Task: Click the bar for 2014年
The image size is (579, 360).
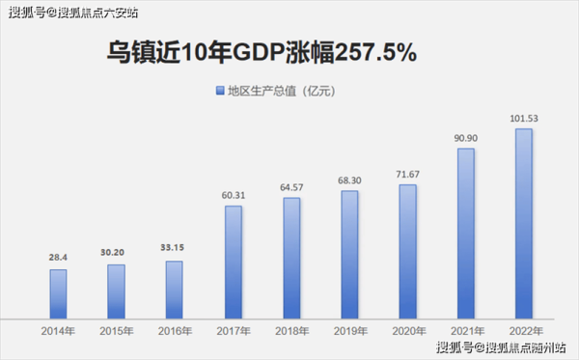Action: point(58,293)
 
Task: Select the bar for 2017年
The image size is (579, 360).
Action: point(233,262)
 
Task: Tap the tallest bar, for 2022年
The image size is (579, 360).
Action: point(523,223)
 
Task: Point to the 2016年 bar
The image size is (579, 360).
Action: point(175,289)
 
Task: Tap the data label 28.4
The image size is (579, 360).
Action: point(58,258)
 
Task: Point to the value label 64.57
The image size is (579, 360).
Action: point(290,187)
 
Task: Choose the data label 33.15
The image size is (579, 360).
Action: point(175,248)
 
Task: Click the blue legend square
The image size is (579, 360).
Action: point(218,91)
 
